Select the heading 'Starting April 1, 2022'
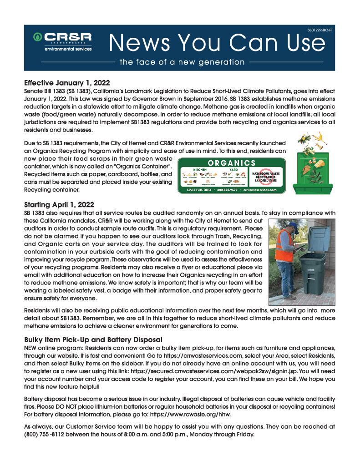[59, 205]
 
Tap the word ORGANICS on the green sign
[231, 162]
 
